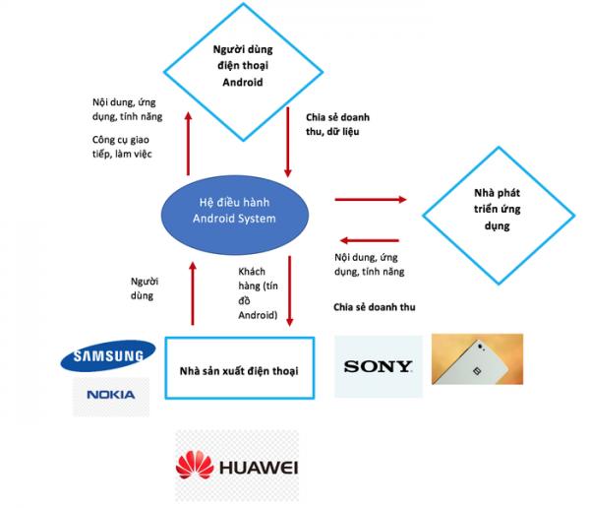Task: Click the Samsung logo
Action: tap(108, 355)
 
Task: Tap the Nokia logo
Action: tap(111, 395)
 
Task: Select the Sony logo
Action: tap(379, 366)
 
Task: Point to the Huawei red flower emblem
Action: tap(195, 465)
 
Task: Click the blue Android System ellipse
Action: tap(235, 216)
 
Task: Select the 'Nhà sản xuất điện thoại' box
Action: tap(240, 368)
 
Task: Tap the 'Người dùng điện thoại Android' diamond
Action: tap(243, 72)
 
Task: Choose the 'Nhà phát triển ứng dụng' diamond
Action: tap(499, 216)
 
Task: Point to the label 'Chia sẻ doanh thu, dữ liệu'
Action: tap(337, 124)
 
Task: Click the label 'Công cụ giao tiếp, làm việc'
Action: tap(122, 147)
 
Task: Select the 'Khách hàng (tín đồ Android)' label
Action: tap(258, 293)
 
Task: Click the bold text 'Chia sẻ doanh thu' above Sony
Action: tap(375, 307)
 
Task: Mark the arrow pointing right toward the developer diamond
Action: tap(371, 199)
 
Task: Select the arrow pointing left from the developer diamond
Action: tap(369, 240)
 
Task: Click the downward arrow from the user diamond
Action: tap(288, 142)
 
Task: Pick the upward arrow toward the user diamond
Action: tap(188, 143)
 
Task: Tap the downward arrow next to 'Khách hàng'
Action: tap(289, 290)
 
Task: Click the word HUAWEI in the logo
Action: tap(259, 468)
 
